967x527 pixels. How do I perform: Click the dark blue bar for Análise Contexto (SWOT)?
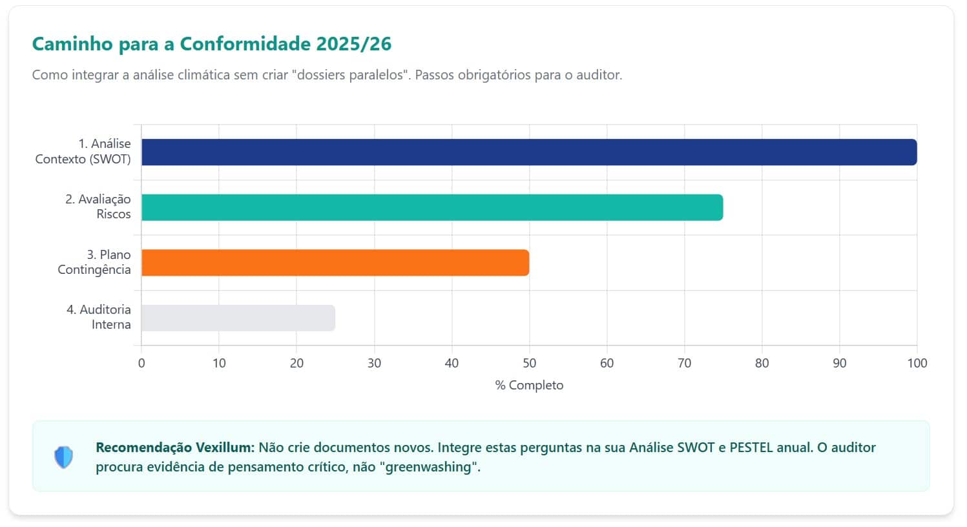pyautogui.click(x=528, y=152)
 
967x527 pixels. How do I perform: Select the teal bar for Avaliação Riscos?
pyautogui.click(x=432, y=207)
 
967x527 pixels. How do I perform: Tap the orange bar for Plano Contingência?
pyautogui.click(x=335, y=263)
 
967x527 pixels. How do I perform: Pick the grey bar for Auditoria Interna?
pyautogui.click(x=238, y=318)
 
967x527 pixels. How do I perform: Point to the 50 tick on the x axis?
pyautogui.click(x=529, y=363)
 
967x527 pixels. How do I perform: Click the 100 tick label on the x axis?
pyautogui.click(x=917, y=363)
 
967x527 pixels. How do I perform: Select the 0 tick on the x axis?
pyautogui.click(x=141, y=363)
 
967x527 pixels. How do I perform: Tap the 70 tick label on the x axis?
pyautogui.click(x=684, y=363)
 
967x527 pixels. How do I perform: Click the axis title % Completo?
pyautogui.click(x=529, y=386)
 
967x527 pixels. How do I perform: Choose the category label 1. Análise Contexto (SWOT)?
pyautogui.click(x=83, y=151)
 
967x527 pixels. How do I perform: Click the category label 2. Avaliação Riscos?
pyautogui.click(x=98, y=207)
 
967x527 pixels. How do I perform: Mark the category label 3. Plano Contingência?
pyautogui.click(x=94, y=262)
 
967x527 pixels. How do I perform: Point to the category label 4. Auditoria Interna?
pyautogui.click(x=99, y=317)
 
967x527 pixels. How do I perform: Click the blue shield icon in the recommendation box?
pyautogui.click(x=63, y=457)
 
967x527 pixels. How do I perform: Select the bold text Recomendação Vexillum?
pyautogui.click(x=175, y=448)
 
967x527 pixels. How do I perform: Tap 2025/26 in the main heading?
pyautogui.click(x=354, y=44)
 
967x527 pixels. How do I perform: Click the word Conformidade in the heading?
pyautogui.click(x=245, y=44)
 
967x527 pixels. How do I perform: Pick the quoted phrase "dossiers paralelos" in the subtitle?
pyautogui.click(x=351, y=75)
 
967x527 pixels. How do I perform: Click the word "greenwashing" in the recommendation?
pyautogui.click(x=432, y=467)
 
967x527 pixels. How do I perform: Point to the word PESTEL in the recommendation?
pyautogui.click(x=752, y=448)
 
